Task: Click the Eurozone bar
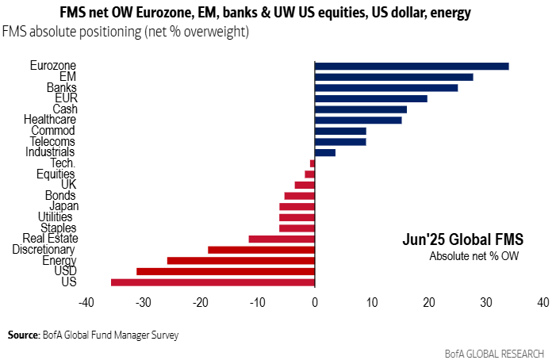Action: point(412,66)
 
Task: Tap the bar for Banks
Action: point(386,87)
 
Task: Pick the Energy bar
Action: point(241,260)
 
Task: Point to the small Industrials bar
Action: point(325,151)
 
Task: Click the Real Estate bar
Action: point(282,239)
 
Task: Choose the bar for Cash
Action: point(361,109)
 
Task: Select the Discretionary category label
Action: point(44,250)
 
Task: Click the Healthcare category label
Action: point(49,120)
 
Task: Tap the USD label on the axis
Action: point(64,271)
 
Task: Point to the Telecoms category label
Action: point(52,141)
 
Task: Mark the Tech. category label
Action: point(63,163)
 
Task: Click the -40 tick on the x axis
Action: point(87,302)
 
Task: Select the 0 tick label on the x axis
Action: point(315,302)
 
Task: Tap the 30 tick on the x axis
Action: point(486,302)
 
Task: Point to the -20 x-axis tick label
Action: point(201,302)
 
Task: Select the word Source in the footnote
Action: point(23,335)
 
